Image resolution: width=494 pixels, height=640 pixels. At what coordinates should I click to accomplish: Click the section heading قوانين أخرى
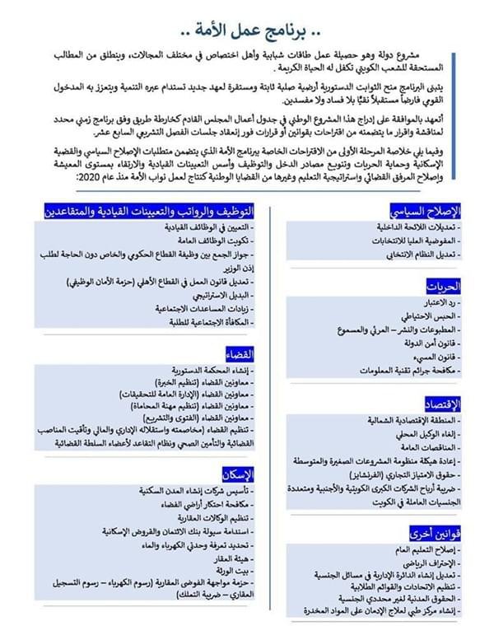point(436,532)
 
